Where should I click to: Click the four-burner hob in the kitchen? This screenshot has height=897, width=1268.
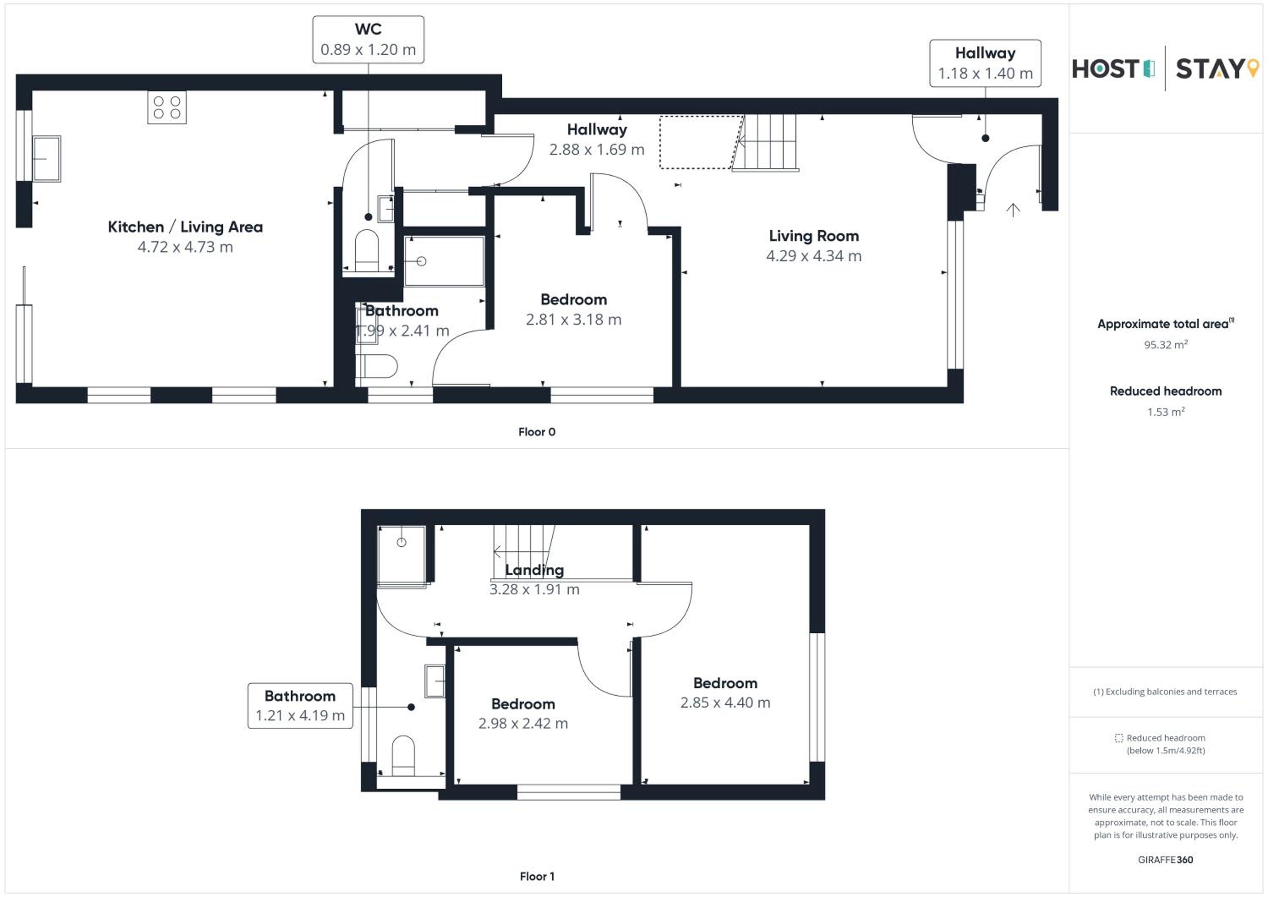tap(167, 107)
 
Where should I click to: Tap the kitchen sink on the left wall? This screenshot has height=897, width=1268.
tap(46, 159)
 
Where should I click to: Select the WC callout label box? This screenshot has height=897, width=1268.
tap(369, 39)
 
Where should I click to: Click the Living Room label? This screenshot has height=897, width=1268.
tap(814, 236)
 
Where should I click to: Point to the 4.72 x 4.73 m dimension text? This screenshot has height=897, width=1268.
tap(185, 247)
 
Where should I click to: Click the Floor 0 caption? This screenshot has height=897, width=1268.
tap(537, 432)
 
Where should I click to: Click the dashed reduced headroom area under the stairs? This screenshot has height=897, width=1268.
tap(701, 142)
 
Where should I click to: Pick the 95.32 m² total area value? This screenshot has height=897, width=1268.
tap(1166, 345)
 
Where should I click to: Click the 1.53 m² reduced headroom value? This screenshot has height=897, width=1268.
tap(1166, 411)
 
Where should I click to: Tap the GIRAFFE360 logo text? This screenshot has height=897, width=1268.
tap(1165, 859)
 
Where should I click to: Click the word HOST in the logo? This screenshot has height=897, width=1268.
tap(1105, 69)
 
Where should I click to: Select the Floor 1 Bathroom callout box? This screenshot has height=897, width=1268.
tap(300, 706)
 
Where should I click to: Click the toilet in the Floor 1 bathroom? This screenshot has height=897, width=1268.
tap(403, 755)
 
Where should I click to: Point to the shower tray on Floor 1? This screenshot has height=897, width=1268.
tap(402, 555)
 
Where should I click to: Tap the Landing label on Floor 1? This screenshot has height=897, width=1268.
tap(535, 569)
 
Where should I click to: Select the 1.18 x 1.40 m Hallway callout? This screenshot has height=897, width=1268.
tap(985, 63)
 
